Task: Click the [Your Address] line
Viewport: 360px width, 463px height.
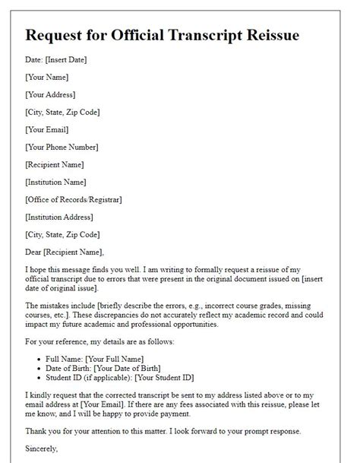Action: click(50, 95)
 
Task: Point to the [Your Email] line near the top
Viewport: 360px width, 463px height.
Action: click(47, 130)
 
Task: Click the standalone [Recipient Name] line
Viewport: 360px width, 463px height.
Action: click(54, 165)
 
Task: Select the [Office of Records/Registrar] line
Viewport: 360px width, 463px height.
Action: click(74, 200)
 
